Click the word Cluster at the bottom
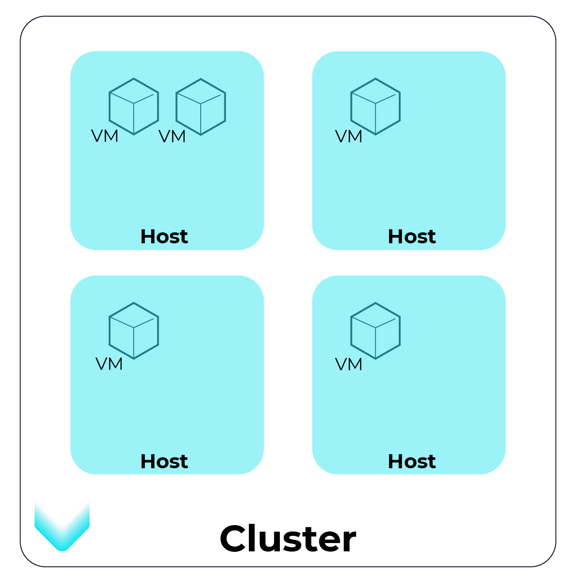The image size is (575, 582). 288,539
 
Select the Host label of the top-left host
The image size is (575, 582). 164,237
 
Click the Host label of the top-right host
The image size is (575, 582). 411,237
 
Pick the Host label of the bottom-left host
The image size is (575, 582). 164,461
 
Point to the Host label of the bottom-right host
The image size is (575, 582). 411,461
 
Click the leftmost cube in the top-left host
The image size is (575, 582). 134,106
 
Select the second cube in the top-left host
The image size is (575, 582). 201,106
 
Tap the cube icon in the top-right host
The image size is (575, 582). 376,106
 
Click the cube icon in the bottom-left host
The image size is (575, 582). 134,331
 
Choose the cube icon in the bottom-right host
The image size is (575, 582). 376,331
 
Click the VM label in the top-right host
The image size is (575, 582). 348,137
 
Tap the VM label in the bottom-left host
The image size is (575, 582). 109,364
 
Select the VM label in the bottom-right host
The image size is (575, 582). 348,364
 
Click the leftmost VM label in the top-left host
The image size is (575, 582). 105,137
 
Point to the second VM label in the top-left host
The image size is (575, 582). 172,137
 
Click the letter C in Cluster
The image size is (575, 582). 234,539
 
